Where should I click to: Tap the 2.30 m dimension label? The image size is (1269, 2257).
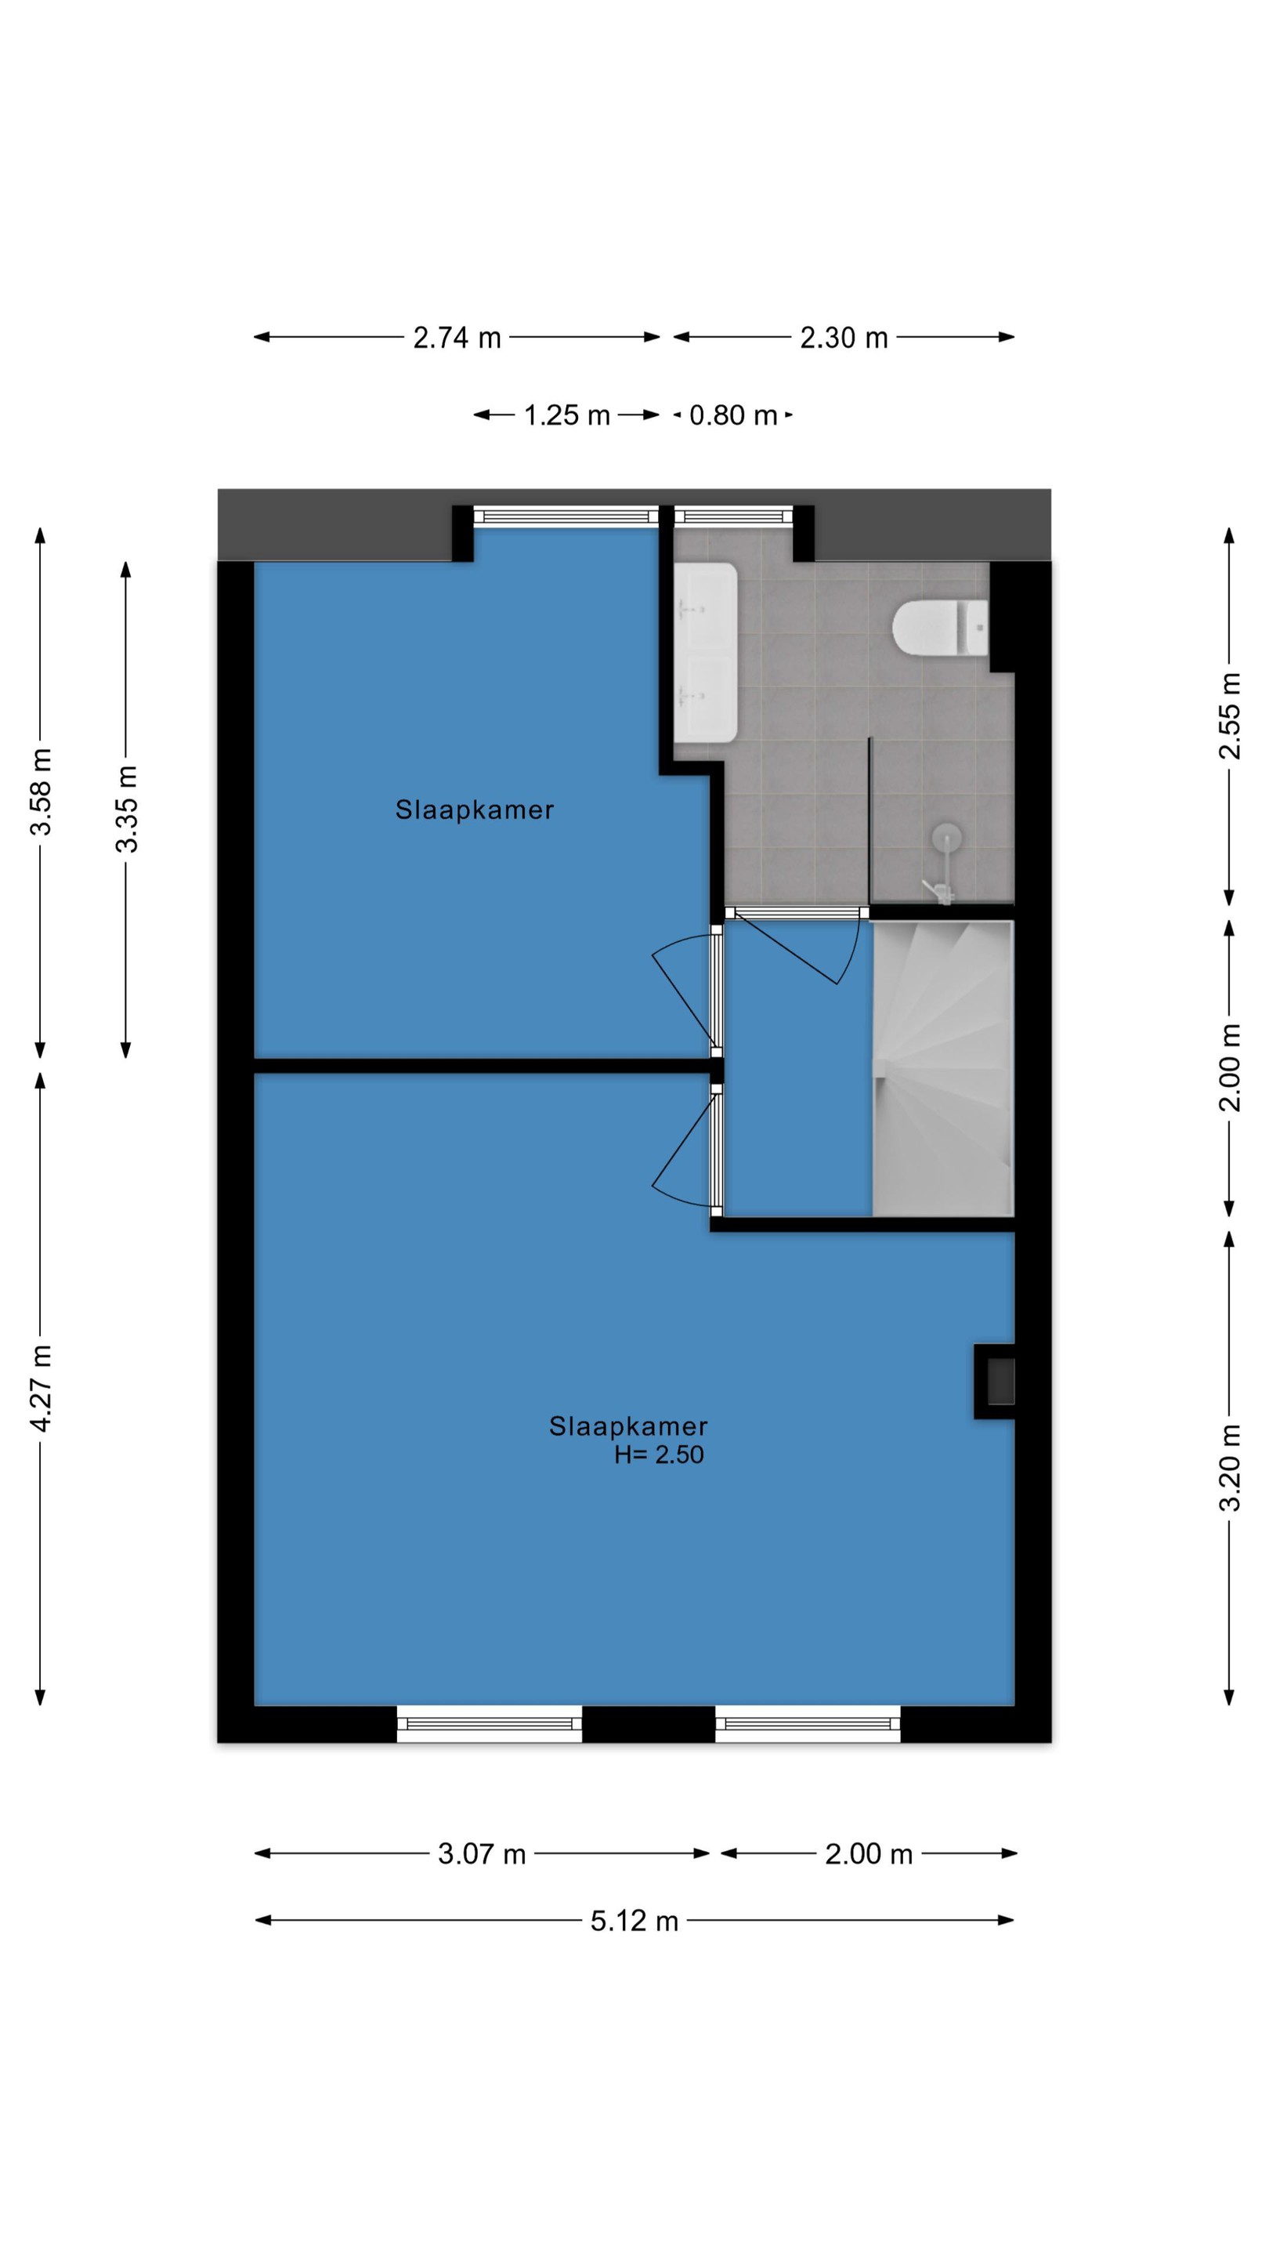pos(844,337)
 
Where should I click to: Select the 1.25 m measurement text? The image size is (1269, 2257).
pos(566,415)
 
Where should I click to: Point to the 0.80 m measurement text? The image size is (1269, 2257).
pos(733,415)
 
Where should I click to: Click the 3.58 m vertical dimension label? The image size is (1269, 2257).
pos(42,792)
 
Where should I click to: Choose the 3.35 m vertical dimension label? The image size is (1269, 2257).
pos(126,809)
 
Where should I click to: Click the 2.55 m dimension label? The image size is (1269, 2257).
pos(1231,716)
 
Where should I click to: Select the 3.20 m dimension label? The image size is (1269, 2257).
pos(1231,1469)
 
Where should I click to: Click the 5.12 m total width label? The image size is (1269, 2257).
pos(634,1921)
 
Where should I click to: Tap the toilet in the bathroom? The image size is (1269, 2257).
pos(941,627)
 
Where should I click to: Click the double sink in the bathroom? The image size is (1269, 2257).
pos(706,653)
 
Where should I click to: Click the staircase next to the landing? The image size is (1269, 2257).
pos(943,1068)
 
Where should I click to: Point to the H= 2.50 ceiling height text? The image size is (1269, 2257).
pos(659,1455)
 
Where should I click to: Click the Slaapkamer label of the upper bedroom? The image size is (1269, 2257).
pos(475,810)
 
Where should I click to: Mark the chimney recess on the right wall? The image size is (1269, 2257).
pos(996,1382)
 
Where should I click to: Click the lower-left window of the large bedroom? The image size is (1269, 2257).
pos(490,1723)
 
